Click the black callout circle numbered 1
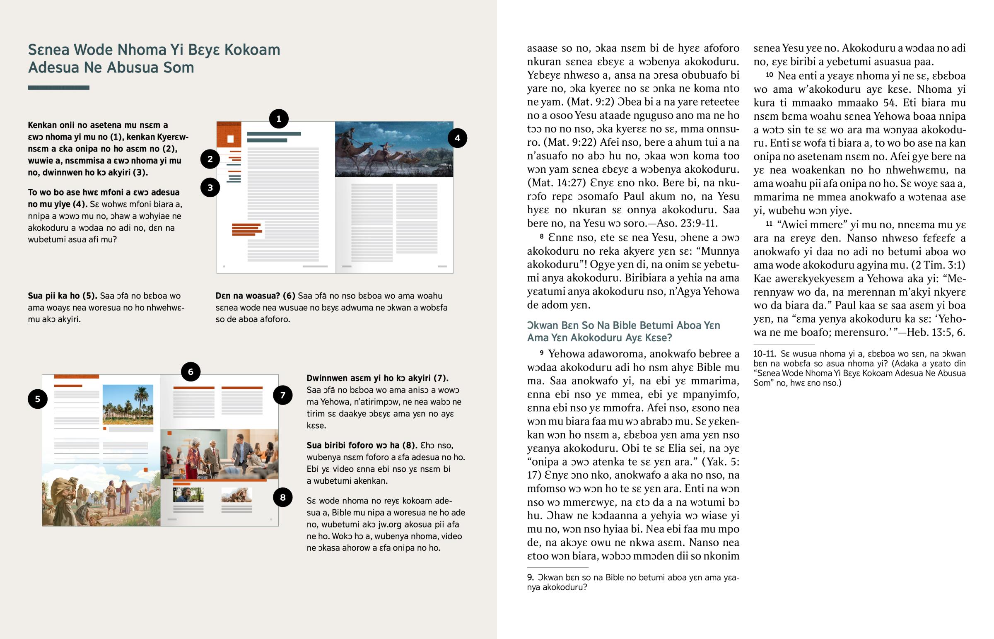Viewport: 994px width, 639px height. click(279, 119)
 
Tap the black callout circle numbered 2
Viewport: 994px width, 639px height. click(210, 159)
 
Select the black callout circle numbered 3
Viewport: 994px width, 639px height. click(210, 188)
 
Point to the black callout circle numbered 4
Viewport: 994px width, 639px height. click(457, 138)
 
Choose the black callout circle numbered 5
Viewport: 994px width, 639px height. click(38, 399)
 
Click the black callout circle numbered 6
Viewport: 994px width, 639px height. click(191, 372)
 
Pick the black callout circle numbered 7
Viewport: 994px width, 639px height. click(282, 395)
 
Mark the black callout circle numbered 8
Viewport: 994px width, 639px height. click(282, 497)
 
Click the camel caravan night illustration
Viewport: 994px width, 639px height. click(394, 150)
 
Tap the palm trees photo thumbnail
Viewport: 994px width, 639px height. click(128, 404)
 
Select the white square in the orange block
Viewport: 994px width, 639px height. click(230, 139)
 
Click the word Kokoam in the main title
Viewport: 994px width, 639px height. click(252, 50)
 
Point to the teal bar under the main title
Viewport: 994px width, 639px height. click(58, 87)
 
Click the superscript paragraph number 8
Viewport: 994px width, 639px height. click(541, 236)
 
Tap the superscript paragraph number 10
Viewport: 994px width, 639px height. click(769, 75)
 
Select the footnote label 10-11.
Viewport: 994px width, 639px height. click(764, 354)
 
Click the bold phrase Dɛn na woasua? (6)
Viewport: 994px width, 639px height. click(255, 296)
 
